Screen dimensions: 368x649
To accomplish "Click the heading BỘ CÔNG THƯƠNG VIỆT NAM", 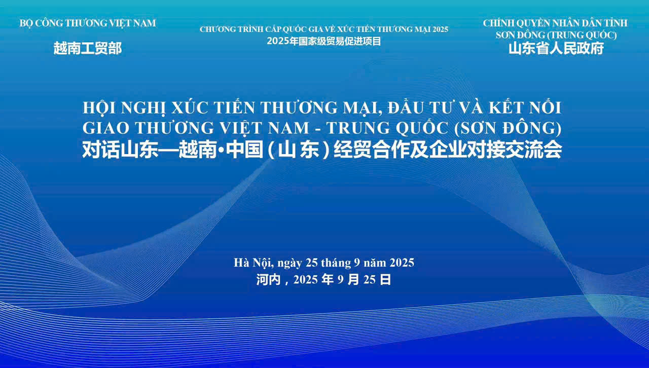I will tap(88, 23).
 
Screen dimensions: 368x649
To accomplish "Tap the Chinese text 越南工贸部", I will tap(88, 49).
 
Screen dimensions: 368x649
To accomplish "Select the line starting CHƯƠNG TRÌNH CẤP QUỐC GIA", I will tap(324, 29).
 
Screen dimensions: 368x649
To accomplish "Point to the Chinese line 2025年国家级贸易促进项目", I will tap(324, 41).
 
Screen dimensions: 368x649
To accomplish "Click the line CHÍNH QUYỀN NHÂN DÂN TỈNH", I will tap(555, 23).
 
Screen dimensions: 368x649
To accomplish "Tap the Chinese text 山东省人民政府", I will tap(556, 49).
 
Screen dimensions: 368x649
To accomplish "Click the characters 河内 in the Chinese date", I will tap(268, 279).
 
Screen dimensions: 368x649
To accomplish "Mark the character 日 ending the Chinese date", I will tap(385, 279).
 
